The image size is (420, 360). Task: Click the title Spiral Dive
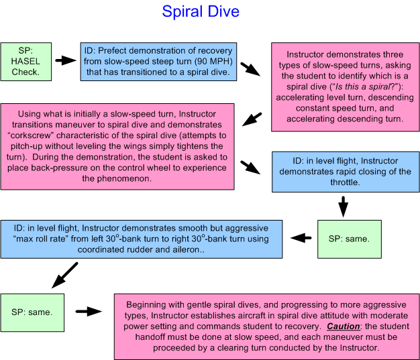[201, 12]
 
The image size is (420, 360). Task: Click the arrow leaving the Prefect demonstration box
[251, 68]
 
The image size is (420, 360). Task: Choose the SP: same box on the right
[344, 238]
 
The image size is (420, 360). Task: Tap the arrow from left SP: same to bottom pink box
[88, 311]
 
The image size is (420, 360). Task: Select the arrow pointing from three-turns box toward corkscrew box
[252, 119]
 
